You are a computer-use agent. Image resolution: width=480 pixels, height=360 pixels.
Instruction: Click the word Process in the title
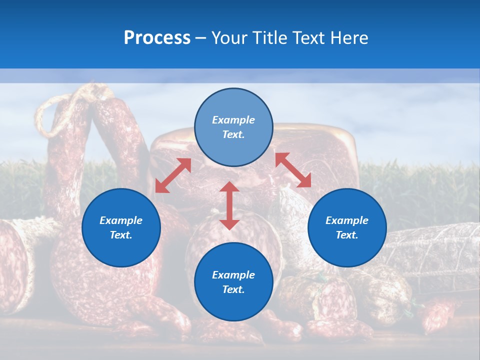click(x=157, y=38)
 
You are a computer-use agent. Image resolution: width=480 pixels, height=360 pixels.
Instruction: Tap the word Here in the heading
click(x=348, y=38)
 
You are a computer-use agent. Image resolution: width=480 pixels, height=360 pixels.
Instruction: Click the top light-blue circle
click(x=233, y=127)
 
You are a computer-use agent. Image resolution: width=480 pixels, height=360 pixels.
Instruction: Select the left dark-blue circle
click(x=121, y=227)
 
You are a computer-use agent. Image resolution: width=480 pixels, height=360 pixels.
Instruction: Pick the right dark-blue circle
click(x=347, y=227)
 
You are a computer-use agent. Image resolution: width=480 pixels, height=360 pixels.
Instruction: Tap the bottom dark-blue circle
click(x=233, y=281)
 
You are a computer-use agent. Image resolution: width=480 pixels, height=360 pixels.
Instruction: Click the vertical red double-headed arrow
click(x=229, y=205)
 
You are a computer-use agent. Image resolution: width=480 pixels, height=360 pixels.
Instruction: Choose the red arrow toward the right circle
click(x=293, y=170)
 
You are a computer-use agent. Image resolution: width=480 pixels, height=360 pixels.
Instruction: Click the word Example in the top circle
click(x=233, y=120)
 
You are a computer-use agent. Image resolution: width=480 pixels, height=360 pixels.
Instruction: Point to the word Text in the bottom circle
click(x=233, y=289)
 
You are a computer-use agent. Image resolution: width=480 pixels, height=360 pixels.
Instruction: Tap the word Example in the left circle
click(x=121, y=220)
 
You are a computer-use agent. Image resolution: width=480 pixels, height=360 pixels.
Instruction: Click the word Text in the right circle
click(x=347, y=235)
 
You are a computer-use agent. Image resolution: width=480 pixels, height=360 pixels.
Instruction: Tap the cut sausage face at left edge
click(x=12, y=260)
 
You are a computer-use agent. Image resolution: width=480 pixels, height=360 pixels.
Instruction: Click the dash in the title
click(x=201, y=38)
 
